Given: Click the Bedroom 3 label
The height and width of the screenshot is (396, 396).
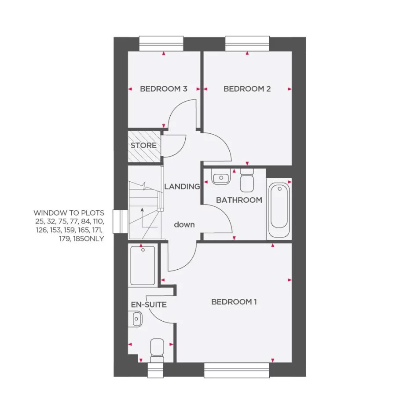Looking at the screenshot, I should click(163, 89).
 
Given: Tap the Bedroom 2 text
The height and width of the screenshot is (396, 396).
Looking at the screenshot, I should click(247, 89).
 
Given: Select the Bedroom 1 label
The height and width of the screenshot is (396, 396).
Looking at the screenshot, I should click(234, 302).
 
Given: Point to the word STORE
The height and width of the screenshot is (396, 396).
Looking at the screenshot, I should click(143, 146).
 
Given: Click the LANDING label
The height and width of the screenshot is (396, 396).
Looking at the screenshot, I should click(182, 187).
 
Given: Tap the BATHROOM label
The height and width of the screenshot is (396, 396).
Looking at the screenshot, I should click(239, 200).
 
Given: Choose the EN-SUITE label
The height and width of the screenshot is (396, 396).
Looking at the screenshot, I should click(149, 304).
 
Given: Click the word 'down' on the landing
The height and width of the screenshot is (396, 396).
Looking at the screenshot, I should click(184, 225).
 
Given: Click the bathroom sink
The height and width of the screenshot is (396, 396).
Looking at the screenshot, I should click(220, 178).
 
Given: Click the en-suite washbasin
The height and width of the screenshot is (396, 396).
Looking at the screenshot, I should click(136, 318).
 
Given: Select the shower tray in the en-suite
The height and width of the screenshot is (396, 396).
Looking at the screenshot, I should click(143, 265).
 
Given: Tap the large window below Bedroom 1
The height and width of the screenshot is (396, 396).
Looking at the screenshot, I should click(236, 370).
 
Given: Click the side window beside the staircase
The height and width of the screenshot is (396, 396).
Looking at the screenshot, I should click(120, 221).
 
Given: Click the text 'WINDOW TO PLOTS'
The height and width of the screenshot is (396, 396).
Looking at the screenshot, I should click(69, 213).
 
